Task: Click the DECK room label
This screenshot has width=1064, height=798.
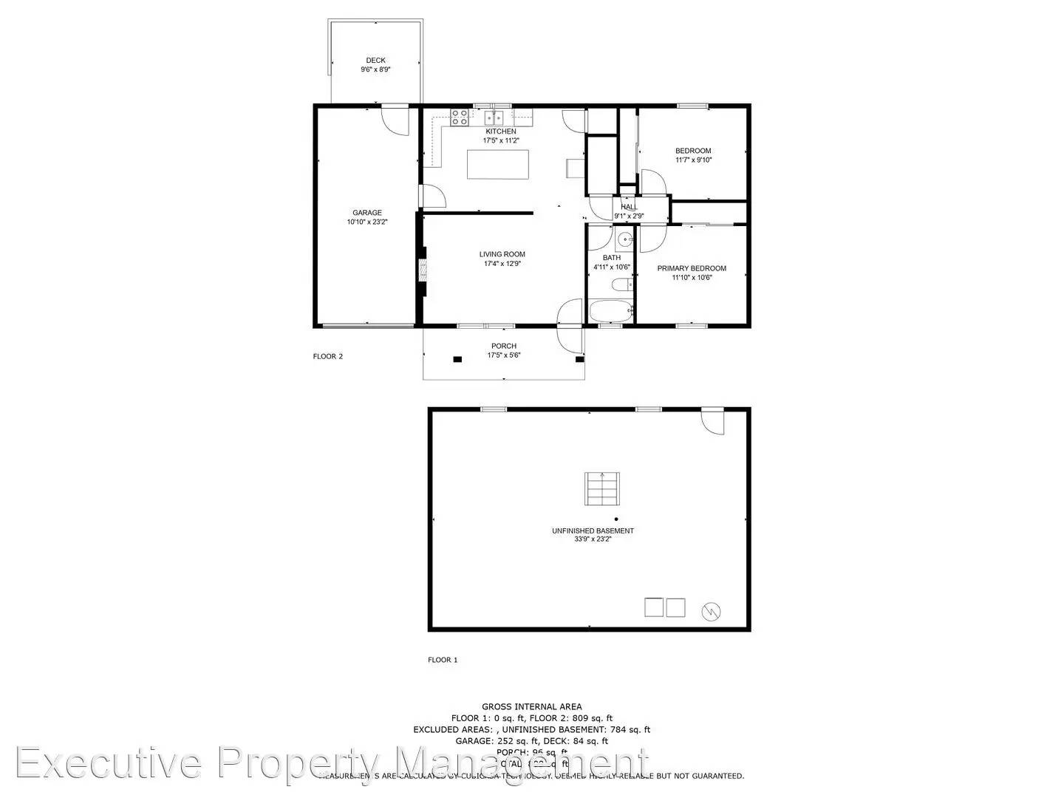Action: (x=375, y=61)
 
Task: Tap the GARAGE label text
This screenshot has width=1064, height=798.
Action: (x=367, y=213)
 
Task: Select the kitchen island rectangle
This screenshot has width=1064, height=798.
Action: (x=498, y=164)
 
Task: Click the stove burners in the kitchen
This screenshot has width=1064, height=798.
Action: (x=460, y=117)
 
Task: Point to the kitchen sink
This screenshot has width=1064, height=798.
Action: (x=494, y=117)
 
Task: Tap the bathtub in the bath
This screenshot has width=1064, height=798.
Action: (x=610, y=311)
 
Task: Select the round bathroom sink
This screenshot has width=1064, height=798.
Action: (x=624, y=239)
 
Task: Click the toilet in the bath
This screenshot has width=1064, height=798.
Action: (x=621, y=284)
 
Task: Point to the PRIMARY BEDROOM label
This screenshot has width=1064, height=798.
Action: (x=692, y=268)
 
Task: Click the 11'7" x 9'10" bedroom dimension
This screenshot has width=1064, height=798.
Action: (x=693, y=160)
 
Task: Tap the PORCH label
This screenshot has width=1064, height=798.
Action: (x=504, y=346)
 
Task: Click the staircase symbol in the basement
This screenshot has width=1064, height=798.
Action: (x=602, y=488)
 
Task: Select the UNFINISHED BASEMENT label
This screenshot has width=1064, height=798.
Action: (x=593, y=531)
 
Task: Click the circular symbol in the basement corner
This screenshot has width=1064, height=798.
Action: (x=712, y=610)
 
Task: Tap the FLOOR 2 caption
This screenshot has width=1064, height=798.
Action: (x=328, y=356)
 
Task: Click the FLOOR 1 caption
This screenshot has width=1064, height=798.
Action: (x=443, y=660)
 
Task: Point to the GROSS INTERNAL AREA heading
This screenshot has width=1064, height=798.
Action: (x=531, y=706)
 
